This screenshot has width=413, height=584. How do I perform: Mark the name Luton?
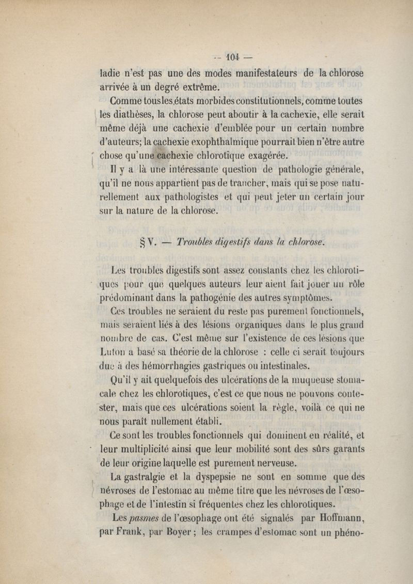116,352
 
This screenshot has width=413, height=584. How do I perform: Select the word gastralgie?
144,475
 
